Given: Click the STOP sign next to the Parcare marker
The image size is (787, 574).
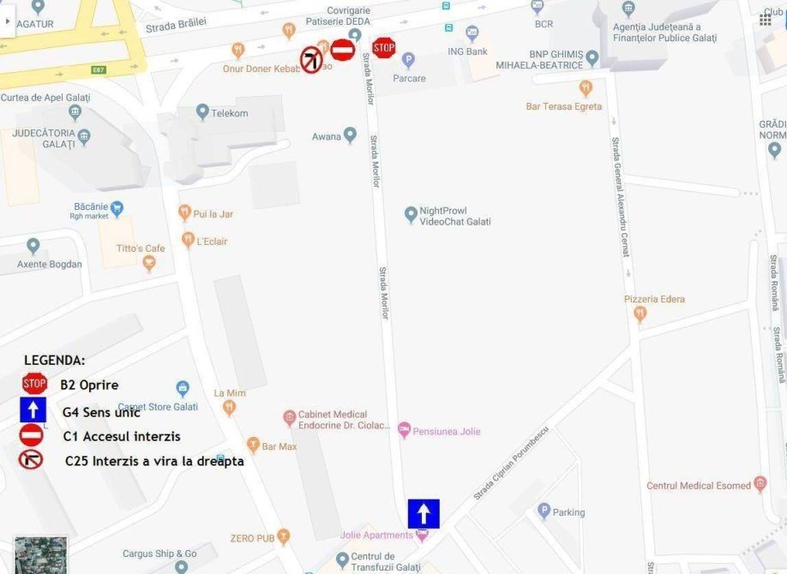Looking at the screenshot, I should [x=384, y=47].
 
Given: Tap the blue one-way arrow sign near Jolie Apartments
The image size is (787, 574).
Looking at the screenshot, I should [x=424, y=513].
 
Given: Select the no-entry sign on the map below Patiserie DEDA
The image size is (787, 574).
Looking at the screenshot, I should [x=343, y=50].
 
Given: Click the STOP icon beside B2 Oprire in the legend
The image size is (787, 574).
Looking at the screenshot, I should [x=34, y=384].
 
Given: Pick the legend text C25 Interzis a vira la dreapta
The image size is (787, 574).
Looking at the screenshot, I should [x=154, y=461].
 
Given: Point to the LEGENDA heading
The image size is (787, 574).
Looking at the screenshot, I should [x=55, y=361].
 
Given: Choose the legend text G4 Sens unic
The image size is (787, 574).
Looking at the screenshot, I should [x=101, y=412].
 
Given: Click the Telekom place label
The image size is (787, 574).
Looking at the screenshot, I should [x=230, y=113].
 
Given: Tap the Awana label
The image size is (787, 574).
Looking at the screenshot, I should [x=327, y=137].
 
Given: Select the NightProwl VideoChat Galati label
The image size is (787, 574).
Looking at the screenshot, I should [x=454, y=216].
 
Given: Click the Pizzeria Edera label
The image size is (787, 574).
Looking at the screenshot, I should [x=654, y=299].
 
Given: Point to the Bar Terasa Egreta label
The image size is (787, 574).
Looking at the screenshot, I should [x=564, y=107].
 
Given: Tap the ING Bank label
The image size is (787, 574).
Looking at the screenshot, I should [x=467, y=51].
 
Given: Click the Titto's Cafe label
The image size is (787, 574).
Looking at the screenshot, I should [x=141, y=248].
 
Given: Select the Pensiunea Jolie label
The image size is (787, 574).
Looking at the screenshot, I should [x=446, y=431].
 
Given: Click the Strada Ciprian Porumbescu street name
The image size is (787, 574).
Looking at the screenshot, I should [x=511, y=466].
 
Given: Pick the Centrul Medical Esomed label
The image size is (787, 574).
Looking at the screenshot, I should [x=698, y=486].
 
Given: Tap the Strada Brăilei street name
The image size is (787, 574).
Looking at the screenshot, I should [x=176, y=26].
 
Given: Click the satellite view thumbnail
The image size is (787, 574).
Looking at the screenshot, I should [x=40, y=555].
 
